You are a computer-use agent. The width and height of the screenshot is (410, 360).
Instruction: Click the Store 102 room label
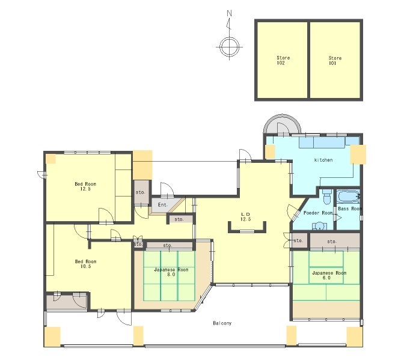pos(283,60)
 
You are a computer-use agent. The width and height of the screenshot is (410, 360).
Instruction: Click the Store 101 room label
pos(335,61)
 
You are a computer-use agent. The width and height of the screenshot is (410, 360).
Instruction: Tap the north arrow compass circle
pos(229,47)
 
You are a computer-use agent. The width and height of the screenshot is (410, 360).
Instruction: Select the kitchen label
pos(323,160)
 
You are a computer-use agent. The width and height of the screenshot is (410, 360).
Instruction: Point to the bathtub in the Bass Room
pos(348,197)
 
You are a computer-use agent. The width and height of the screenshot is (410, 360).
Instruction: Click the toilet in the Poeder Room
pos(327,197)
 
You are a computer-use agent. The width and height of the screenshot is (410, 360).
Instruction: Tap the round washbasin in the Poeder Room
pos(319,226)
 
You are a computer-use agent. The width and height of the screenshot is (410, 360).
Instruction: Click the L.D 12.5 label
pos(245,217)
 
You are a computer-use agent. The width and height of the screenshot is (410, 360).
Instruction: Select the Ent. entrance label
pos(163,205)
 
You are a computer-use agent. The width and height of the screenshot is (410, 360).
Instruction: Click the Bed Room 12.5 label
pos(85,186)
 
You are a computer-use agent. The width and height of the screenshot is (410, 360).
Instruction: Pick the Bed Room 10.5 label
pos(86,264)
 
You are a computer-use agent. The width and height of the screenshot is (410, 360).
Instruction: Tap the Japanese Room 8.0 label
pos(171,272)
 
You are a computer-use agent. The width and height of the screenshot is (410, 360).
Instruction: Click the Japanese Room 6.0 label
pos(329,275)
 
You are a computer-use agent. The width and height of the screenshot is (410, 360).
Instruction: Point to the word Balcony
pos(222,323)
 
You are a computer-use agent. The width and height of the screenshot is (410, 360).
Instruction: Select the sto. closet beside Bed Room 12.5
pos(141,192)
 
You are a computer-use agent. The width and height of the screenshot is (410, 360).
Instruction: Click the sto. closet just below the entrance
pos(180,219)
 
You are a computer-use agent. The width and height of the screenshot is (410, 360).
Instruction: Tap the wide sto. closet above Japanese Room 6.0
pos(335,242)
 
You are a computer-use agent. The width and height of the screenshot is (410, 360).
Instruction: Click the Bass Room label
pos(350,209)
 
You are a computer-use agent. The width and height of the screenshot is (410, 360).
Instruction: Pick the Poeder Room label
pos(318,213)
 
